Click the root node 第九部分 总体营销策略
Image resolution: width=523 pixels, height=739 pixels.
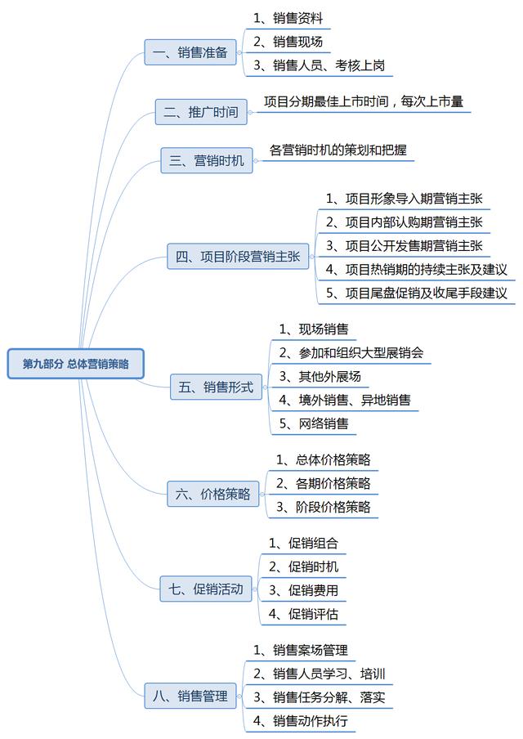[x=75, y=364]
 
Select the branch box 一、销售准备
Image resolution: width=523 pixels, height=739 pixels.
[x=190, y=52]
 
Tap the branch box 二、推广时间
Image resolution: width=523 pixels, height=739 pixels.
[x=201, y=112]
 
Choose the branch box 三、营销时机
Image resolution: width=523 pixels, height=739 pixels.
[x=207, y=160]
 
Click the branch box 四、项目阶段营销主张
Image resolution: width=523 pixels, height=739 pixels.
[x=238, y=257]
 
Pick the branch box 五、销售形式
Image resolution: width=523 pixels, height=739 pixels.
[x=217, y=387]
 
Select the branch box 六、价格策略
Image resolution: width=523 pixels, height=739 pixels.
[x=213, y=494]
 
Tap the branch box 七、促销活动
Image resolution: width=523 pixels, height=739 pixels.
[x=206, y=589]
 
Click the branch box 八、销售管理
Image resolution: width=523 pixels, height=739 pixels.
[x=190, y=696]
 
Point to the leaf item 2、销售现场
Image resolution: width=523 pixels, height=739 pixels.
[x=288, y=42]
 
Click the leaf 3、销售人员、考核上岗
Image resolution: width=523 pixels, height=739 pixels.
[x=319, y=65]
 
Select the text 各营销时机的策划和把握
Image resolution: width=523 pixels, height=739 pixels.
[x=337, y=150]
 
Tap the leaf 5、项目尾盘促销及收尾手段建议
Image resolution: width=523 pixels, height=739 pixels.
[x=417, y=293]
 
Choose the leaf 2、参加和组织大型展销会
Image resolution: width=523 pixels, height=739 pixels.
[x=351, y=352]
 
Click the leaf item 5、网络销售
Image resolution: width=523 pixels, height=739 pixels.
[x=314, y=423]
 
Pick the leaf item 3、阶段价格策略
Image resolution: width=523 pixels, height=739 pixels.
[x=324, y=507]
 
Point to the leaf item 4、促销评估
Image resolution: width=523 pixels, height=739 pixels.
[x=303, y=614]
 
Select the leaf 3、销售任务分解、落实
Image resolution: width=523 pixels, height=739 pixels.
[x=319, y=697]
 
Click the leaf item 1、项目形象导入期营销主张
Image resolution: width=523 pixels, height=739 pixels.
[x=405, y=199]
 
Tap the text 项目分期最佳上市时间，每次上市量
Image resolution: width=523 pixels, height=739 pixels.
[x=364, y=101]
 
